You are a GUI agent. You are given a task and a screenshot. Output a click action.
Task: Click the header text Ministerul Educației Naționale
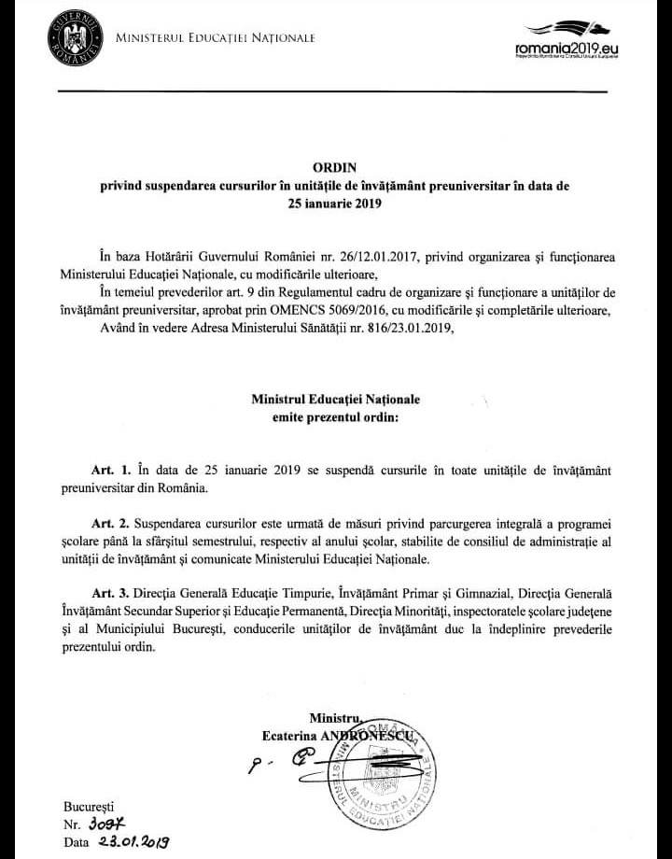coord(215,38)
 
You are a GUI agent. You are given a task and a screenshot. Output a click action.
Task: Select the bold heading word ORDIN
coord(335,168)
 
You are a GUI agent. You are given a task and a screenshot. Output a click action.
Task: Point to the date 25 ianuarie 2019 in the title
coord(335,202)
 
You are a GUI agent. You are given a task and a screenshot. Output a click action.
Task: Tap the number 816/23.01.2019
coord(404,327)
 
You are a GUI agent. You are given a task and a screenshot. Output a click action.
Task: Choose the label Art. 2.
coord(116,524)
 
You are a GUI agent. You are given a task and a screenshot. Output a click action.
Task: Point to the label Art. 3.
coord(116,595)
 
